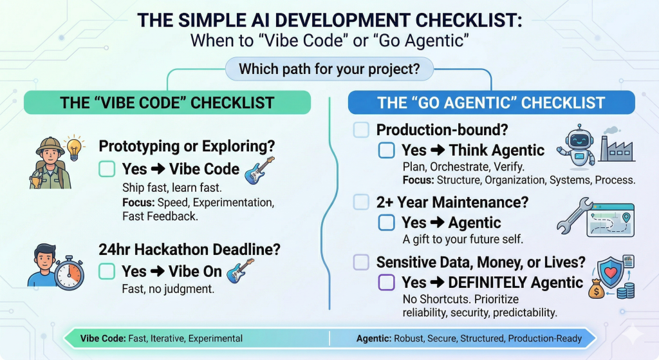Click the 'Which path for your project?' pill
click(329, 69)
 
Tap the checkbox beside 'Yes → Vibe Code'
click(107, 169)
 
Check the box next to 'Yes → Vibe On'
click(107, 271)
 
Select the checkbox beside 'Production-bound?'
click(361, 130)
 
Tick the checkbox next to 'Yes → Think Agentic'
click(386, 150)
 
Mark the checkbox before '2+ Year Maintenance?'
click(361, 202)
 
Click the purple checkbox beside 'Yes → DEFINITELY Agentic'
click(386, 282)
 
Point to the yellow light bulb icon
click(75, 147)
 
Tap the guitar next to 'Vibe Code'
click(259, 170)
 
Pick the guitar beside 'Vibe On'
click(240, 270)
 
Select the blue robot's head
click(579, 140)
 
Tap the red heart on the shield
click(611, 272)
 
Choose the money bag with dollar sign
click(597, 289)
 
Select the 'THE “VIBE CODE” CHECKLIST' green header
click(167, 102)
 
